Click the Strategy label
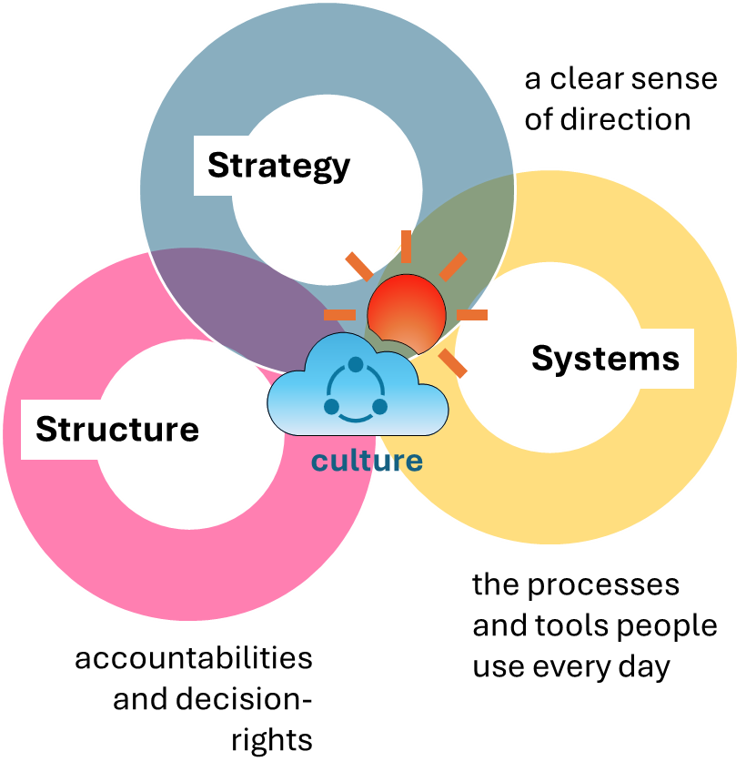point(278,166)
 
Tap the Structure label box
point(116,429)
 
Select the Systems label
point(605,358)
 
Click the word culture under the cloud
point(367,461)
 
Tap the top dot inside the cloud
point(356,364)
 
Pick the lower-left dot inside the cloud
point(332,406)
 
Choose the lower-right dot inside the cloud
point(379,406)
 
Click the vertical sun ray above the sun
point(406,247)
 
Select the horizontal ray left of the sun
point(339,315)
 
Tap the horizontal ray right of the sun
point(472,315)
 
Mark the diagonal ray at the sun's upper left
point(358,267)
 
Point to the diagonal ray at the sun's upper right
point(453,266)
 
